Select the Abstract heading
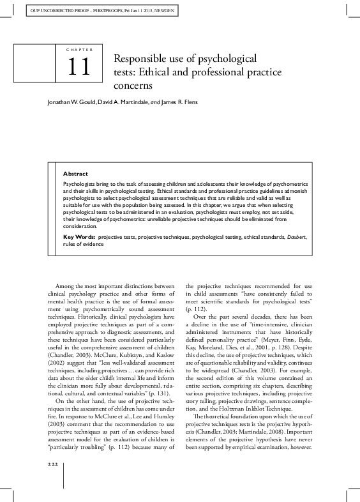[75, 173]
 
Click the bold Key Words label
[79, 218]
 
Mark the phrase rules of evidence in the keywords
[82, 225]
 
